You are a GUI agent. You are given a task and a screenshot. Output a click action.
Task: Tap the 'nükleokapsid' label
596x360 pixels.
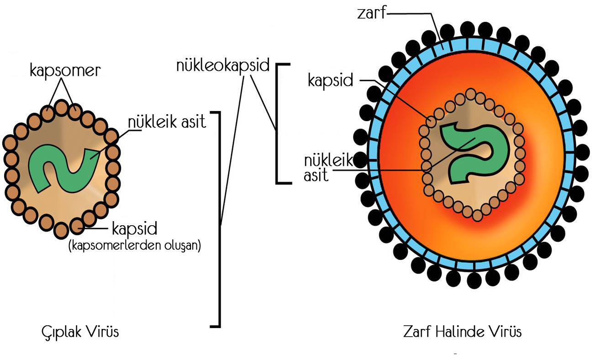[x=223, y=66]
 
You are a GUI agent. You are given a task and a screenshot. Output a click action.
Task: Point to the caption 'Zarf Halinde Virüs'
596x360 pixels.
[x=462, y=331]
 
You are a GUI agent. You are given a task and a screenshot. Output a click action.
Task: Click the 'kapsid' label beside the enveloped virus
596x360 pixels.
[x=330, y=80]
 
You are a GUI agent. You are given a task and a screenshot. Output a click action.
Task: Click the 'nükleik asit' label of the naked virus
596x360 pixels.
[x=167, y=122]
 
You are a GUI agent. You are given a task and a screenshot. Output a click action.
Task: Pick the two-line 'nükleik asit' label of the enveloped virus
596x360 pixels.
[x=322, y=167]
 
